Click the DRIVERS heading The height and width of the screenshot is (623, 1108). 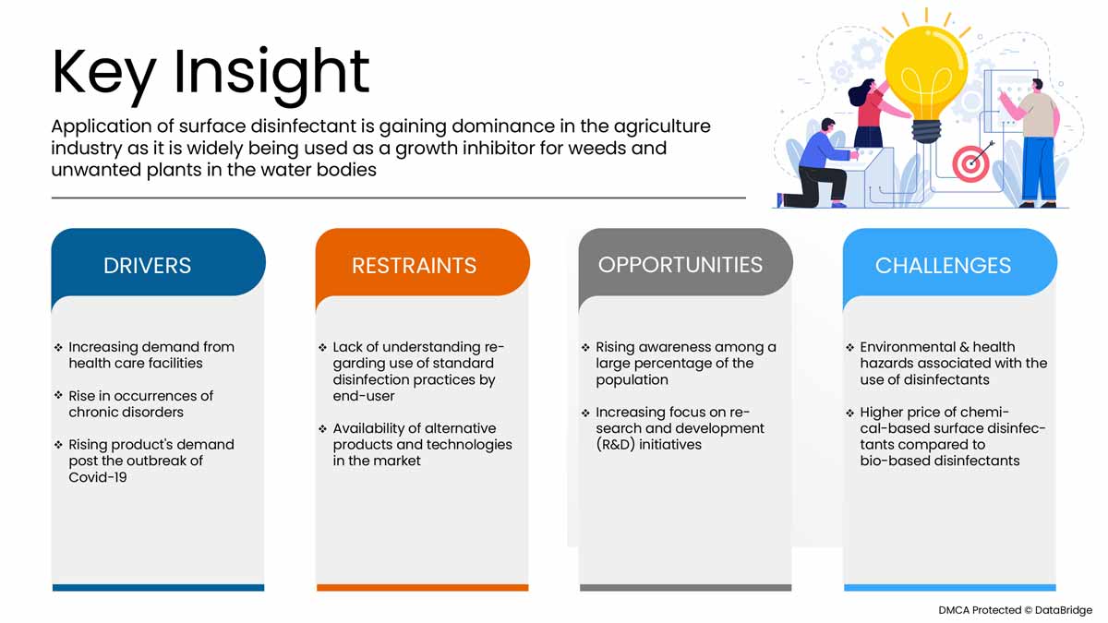(147, 266)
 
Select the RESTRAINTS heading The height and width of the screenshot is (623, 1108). (414, 266)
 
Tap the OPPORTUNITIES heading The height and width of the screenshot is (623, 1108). (680, 265)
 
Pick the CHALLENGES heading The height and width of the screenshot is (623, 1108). (943, 266)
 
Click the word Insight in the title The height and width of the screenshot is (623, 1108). (271, 74)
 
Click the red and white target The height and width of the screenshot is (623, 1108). (970, 164)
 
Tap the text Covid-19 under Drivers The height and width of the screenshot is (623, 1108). (98, 477)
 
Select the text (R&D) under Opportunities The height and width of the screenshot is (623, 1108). (615, 445)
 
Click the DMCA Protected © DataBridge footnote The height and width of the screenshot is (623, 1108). (1015, 610)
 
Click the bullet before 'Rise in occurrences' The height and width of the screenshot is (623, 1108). (58, 395)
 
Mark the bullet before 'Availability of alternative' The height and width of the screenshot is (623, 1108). (322, 428)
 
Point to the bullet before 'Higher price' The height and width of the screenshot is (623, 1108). (849, 413)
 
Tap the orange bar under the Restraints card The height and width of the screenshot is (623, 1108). (423, 587)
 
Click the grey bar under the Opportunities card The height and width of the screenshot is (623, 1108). (685, 587)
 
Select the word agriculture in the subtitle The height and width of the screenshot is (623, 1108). (662, 127)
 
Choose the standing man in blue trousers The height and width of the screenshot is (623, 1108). (1034, 143)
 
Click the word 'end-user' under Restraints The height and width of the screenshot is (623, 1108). (364, 396)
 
